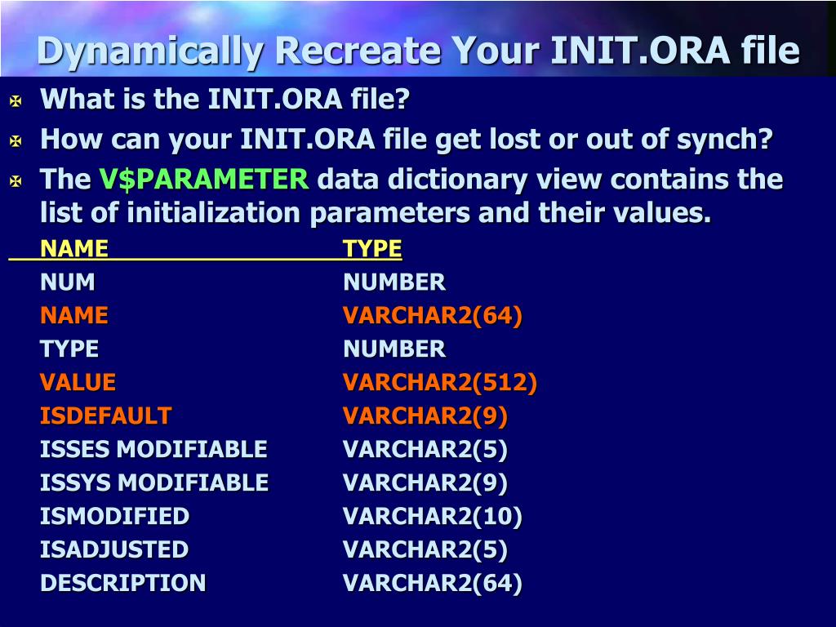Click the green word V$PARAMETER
(x=203, y=179)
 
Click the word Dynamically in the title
(x=150, y=52)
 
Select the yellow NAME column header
(x=74, y=248)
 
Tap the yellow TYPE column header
(x=372, y=248)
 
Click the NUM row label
(x=68, y=282)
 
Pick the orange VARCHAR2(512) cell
(x=440, y=382)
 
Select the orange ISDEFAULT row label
(x=105, y=416)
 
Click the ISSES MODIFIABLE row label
(x=153, y=449)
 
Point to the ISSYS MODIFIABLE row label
(x=154, y=482)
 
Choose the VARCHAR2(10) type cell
(x=433, y=516)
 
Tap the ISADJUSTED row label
(x=114, y=549)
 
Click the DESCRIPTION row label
(x=123, y=583)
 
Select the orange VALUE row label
(x=78, y=382)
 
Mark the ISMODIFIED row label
(x=114, y=516)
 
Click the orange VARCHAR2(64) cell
(x=433, y=316)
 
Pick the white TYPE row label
(x=69, y=349)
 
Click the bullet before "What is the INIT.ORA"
(x=16, y=100)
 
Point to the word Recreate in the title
(x=358, y=51)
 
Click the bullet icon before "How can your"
(x=16, y=140)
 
